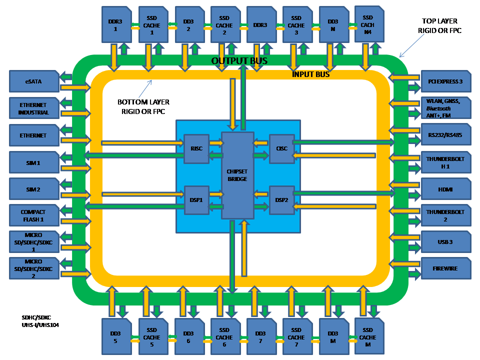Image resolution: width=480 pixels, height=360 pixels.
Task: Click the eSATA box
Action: click(x=34, y=81)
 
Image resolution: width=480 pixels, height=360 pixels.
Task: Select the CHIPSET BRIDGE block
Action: click(x=237, y=175)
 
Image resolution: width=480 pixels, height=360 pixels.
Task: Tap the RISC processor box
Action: click(x=196, y=148)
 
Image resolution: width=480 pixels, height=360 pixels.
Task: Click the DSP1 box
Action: click(x=196, y=200)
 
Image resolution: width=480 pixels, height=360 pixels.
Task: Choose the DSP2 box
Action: click(x=281, y=200)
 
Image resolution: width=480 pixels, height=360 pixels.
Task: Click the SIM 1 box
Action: click(x=34, y=162)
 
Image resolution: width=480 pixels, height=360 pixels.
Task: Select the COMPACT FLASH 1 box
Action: click(x=34, y=215)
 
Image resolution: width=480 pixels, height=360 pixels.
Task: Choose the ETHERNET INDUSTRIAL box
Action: click(x=34, y=108)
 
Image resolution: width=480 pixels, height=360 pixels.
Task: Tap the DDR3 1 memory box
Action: click(x=115, y=24)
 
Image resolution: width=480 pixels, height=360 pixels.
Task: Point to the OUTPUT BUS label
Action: click(x=239, y=61)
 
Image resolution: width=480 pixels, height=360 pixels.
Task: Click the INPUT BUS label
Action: click(x=310, y=74)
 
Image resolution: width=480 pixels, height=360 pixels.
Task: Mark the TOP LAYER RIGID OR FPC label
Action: click(x=439, y=26)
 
